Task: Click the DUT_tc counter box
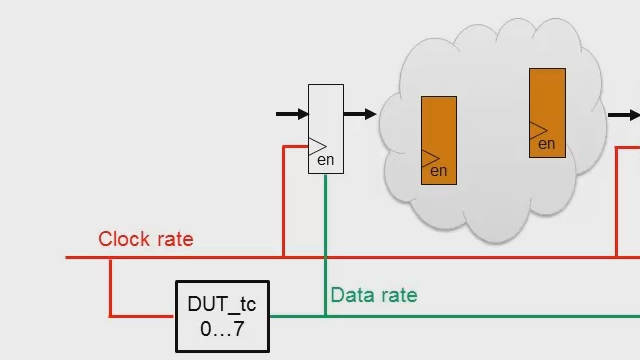[x=222, y=316]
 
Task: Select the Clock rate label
[x=145, y=240]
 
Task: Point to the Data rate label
[x=373, y=295]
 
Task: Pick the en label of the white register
[x=324, y=159]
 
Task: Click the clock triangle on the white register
[x=317, y=146]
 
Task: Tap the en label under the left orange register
[x=438, y=172]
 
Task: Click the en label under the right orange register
[x=547, y=144]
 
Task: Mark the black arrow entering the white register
[x=292, y=114]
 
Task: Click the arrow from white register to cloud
[x=360, y=114]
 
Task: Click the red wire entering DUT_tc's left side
[x=140, y=316]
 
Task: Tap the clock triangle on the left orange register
[x=430, y=158]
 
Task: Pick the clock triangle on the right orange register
[x=538, y=130]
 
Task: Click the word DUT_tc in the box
[x=222, y=304]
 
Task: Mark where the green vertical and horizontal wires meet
[x=325, y=316]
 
